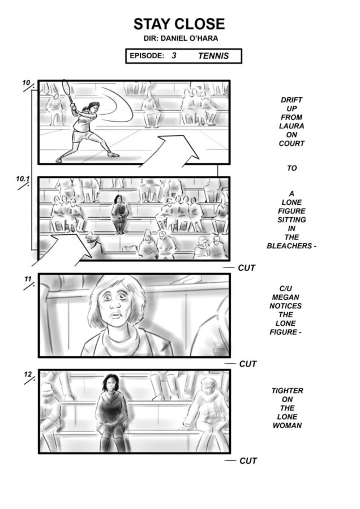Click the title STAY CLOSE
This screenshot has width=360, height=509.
(x=179, y=24)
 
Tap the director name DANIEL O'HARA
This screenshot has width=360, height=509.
(x=190, y=38)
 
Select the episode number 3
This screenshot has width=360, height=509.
(x=174, y=55)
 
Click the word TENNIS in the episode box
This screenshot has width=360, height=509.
(x=213, y=56)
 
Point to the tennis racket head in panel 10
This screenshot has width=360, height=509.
(x=66, y=87)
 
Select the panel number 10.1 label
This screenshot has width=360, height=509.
(x=23, y=179)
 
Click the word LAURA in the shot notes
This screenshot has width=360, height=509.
(x=292, y=126)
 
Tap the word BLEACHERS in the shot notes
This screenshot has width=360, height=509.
(x=289, y=246)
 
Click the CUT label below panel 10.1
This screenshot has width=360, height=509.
(x=247, y=268)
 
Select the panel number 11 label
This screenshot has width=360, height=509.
(x=28, y=279)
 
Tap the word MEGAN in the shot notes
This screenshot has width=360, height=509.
(x=286, y=297)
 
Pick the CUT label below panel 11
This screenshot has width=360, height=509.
(x=248, y=364)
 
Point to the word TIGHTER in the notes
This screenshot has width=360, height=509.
(x=287, y=391)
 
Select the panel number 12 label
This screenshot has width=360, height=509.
(x=28, y=374)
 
